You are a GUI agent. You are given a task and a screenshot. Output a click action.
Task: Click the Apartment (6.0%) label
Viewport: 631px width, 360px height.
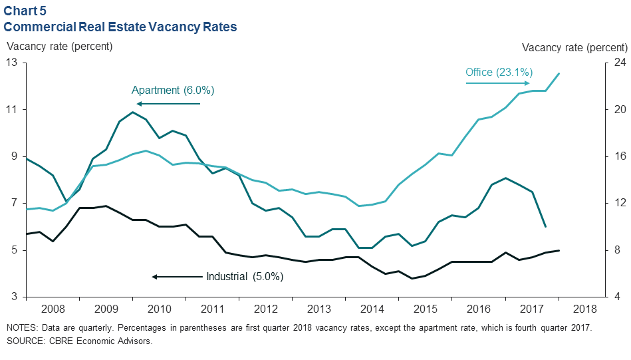pyautogui.click(x=173, y=90)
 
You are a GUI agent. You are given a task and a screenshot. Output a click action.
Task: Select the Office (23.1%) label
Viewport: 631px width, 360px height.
pyautogui.click(x=499, y=73)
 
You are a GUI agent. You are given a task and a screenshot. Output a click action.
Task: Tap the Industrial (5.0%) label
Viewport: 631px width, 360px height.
pyautogui.click(x=244, y=276)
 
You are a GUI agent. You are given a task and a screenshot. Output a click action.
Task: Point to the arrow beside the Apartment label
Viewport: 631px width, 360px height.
pyautogui.click(x=168, y=104)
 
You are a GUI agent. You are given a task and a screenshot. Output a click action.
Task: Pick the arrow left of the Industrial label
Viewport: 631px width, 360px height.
pyautogui.click(x=176, y=276)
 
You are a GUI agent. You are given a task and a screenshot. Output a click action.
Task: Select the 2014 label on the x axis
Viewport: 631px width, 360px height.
pyautogui.click(x=372, y=309)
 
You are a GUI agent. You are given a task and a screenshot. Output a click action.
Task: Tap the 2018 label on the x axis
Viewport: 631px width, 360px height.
pyautogui.click(x=584, y=309)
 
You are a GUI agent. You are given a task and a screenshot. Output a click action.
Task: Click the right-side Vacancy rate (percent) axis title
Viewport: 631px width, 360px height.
pyautogui.click(x=574, y=47)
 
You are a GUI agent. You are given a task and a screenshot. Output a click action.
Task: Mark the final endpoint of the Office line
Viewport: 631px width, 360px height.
pyautogui.click(x=559, y=73)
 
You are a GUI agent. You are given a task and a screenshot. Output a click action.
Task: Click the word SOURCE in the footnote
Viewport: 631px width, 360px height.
pyautogui.click(x=26, y=341)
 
